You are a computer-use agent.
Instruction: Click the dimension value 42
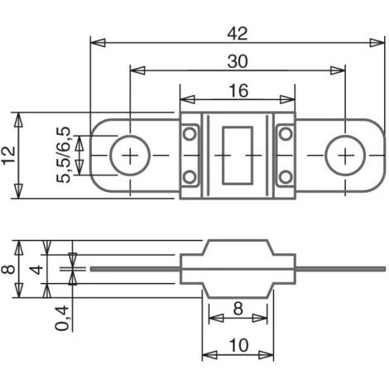(x=238, y=34)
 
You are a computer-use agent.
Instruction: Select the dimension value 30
(x=238, y=61)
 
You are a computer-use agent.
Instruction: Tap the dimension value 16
(x=238, y=91)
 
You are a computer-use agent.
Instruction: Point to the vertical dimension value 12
(x=9, y=155)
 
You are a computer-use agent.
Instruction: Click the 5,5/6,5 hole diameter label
(x=64, y=155)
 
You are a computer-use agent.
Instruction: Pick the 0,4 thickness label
(x=61, y=318)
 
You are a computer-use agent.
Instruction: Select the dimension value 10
(x=238, y=345)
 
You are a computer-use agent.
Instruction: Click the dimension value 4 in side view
(x=36, y=270)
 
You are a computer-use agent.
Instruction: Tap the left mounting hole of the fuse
(x=130, y=156)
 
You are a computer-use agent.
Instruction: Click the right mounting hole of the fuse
(x=345, y=156)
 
